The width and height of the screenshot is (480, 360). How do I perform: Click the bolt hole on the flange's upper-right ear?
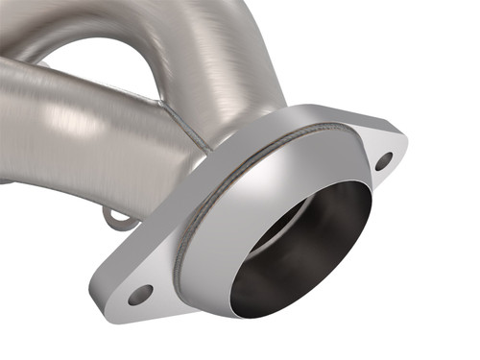pos(383,161)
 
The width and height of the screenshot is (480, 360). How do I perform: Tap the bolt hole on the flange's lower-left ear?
pos(140,295)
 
